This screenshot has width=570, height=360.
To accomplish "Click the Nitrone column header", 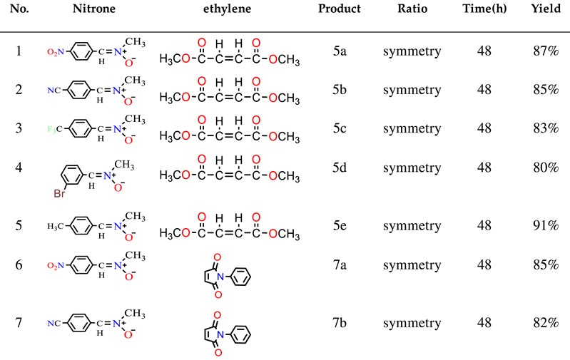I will click(x=94, y=10).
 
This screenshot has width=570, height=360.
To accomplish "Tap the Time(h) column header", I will click(x=484, y=10).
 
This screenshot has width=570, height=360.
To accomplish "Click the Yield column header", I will click(x=545, y=10).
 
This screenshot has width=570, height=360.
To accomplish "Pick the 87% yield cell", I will click(x=545, y=51).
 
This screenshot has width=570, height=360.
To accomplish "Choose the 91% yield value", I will click(x=545, y=225).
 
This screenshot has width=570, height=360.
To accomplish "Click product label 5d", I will click(x=340, y=167).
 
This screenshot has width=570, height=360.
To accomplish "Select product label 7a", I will click(x=340, y=264).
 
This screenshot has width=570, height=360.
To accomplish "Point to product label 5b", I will click(x=340, y=90).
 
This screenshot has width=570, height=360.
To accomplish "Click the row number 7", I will click(x=19, y=323).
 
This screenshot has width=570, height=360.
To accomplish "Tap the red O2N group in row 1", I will click(x=56, y=52).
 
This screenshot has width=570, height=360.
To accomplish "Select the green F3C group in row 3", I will click(x=56, y=129).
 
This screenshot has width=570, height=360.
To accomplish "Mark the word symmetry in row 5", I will click(x=412, y=225).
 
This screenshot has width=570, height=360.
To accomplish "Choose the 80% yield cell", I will click(x=545, y=168).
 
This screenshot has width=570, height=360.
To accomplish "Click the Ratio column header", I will click(x=412, y=10).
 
